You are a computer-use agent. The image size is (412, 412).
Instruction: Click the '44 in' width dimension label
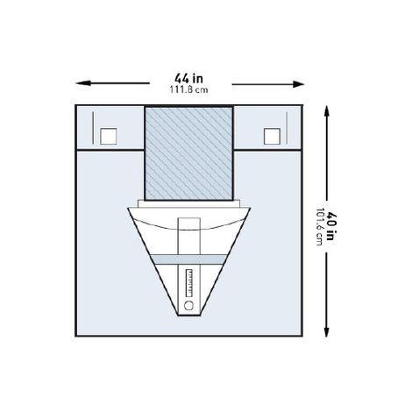coord(188,78)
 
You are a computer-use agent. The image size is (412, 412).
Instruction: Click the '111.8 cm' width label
coord(188,89)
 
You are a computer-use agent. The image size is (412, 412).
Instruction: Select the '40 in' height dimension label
coord(330,226)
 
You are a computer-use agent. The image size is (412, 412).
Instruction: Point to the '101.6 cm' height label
coord(320,227)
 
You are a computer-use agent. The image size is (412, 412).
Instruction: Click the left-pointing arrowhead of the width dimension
coord(82,83)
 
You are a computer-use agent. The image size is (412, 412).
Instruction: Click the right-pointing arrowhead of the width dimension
coord(298,84)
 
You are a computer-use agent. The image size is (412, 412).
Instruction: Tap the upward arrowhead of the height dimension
coord(326,111)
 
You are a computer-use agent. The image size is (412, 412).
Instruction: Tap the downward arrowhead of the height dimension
coord(326,330)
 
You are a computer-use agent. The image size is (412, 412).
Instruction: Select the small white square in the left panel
coord(109,136)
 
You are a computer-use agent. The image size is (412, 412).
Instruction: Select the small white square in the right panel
coord(272,136)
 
